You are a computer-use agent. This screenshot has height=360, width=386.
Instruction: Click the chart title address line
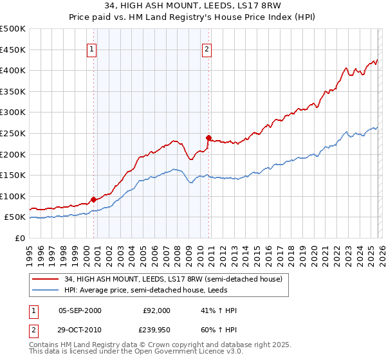coord(192,7)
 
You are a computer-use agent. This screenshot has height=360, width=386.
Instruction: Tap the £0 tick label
coord(20,238)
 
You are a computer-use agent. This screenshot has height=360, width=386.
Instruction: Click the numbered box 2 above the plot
coord(207,49)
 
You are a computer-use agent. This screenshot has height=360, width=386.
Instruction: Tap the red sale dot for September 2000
coord(94,199)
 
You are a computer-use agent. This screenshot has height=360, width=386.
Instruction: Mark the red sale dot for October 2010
coord(209,138)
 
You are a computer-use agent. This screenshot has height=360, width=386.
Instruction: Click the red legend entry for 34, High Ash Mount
coord(172,279)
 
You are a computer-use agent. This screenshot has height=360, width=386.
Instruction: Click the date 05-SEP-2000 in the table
coord(80,310)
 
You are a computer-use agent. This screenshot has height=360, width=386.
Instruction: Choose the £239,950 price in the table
coord(156,328)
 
